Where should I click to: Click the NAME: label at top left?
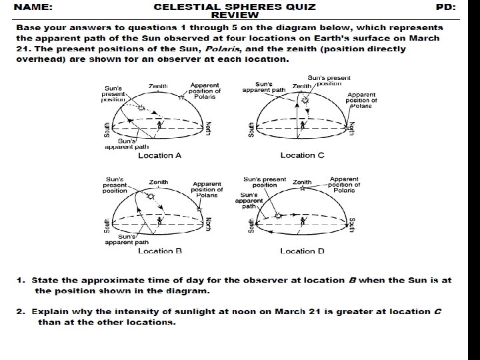(35, 7)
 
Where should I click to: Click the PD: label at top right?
(445, 7)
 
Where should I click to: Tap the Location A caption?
(159, 155)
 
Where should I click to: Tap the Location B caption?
(159, 251)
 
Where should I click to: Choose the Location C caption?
(302, 155)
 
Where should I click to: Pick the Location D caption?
(302, 251)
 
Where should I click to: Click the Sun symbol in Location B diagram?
(151, 197)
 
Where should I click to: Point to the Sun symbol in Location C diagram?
(305, 101)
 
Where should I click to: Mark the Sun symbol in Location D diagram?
(279, 215)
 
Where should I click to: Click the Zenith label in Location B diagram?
(158, 181)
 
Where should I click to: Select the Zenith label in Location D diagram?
(302, 181)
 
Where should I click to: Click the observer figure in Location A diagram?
(160, 125)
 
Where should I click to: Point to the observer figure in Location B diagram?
(159, 220)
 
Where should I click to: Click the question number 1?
(21, 280)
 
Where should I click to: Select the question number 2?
(21, 311)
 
